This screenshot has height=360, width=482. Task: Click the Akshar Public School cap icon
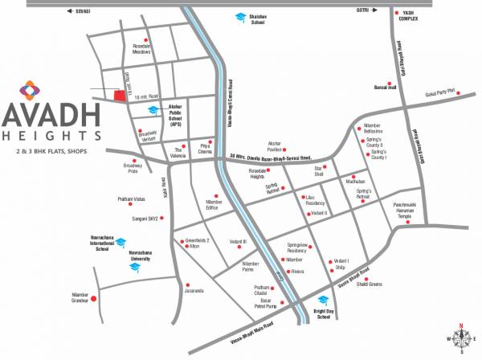point(152,112)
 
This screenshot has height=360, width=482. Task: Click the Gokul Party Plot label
point(439,92)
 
